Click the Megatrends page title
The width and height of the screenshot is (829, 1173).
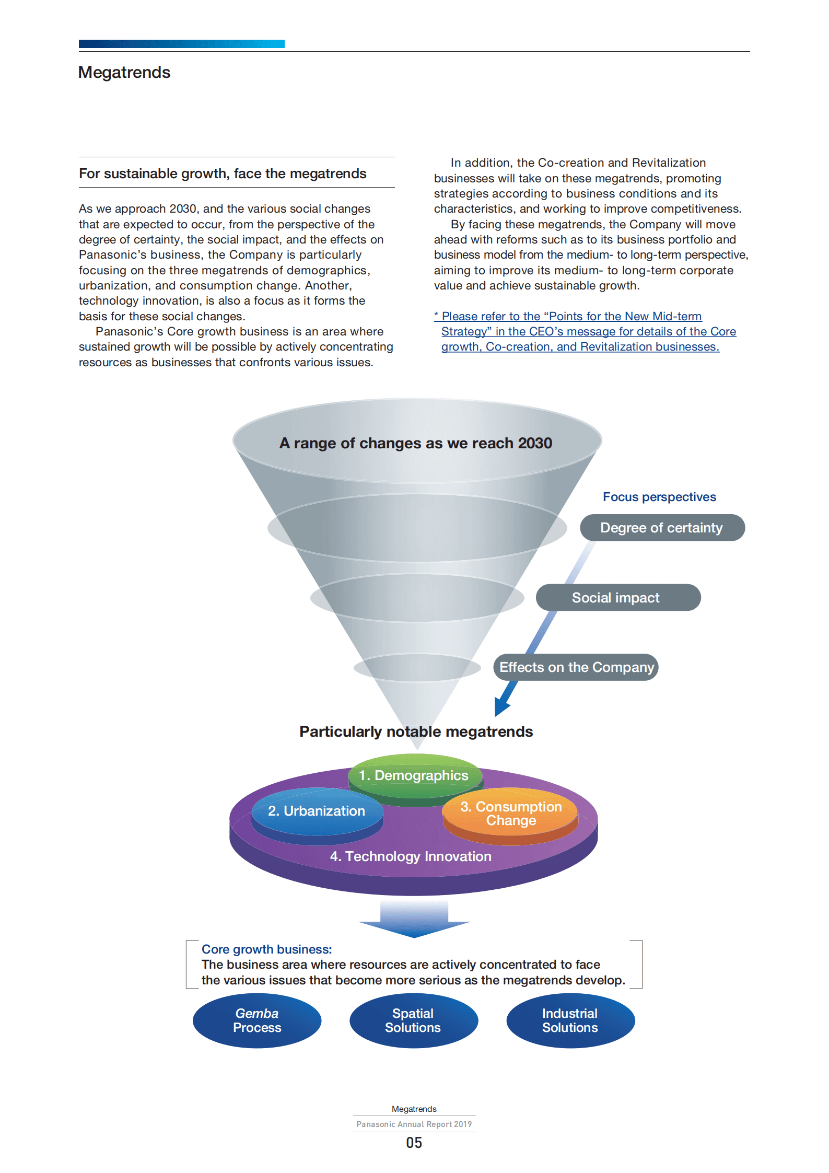coord(124,72)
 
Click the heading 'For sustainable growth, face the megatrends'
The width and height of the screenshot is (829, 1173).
coord(223,173)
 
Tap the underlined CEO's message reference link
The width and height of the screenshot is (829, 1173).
coord(585,331)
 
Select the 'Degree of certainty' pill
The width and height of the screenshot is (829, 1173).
coord(661,528)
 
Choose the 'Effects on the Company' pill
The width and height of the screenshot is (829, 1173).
coord(576,667)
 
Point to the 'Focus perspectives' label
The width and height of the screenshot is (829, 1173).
coord(659,497)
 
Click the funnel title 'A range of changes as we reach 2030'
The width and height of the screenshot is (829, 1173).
coord(415,443)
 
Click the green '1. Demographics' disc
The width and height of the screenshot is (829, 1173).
coord(414,775)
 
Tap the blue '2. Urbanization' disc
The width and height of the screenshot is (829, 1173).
coord(317,811)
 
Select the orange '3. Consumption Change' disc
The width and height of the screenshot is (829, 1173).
coord(510,814)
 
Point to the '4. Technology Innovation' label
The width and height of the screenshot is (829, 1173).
coord(411,856)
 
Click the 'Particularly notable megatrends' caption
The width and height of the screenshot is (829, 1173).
coord(416,731)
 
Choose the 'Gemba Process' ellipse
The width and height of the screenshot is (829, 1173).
coord(257,1020)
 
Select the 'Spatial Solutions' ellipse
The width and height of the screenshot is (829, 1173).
coord(413,1020)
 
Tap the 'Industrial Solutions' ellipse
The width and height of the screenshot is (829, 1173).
coord(570,1020)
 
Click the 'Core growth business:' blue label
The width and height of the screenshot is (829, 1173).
coord(266,949)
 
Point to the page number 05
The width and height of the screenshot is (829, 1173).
coord(414,1143)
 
